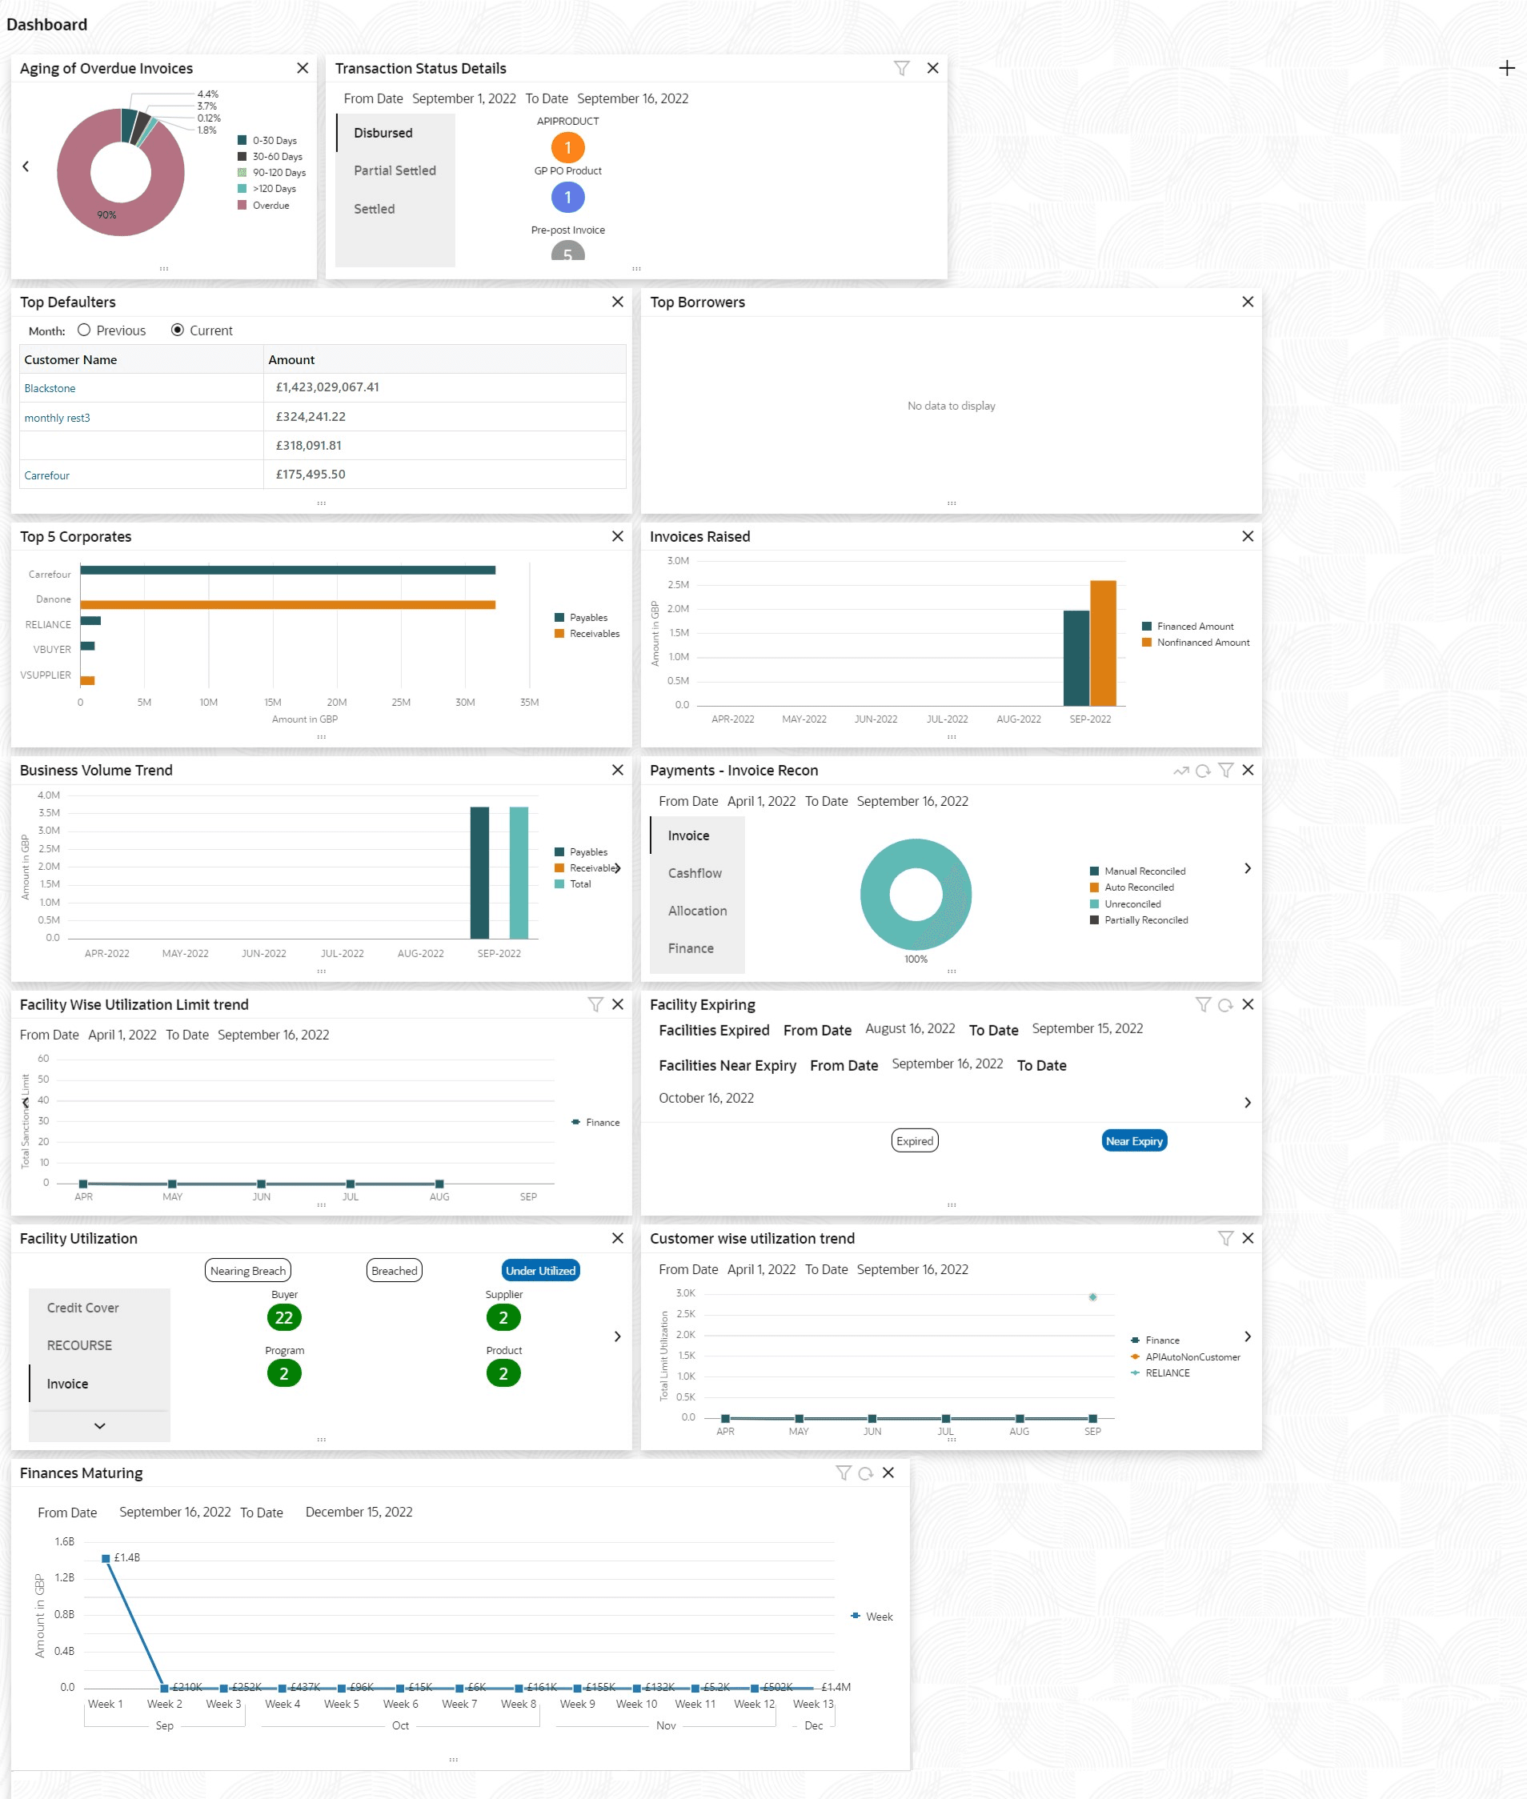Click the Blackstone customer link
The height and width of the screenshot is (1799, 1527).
tap(50, 388)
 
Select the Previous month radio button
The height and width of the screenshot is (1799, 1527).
tap(84, 330)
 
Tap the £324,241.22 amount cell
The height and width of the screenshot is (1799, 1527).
tap(310, 416)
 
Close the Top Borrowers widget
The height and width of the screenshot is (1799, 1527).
tap(1247, 301)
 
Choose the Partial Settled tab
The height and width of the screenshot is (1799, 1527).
tap(395, 170)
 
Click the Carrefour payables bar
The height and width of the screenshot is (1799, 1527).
tap(287, 570)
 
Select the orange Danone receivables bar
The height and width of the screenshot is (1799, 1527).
tap(287, 604)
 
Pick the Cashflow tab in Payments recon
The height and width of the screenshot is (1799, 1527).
tap(694, 872)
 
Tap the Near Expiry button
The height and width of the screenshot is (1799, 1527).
tap(1133, 1140)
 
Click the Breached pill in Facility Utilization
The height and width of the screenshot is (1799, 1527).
tap(394, 1270)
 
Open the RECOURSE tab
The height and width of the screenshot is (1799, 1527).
tap(80, 1344)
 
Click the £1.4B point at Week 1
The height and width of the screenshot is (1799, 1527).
tap(106, 1557)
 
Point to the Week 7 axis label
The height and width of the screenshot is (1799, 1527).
tap(459, 1703)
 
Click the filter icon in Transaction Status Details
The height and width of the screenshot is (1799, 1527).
tap(901, 68)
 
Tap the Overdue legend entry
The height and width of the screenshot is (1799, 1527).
tap(270, 205)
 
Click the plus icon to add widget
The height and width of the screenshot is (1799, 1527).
tap(1506, 68)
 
